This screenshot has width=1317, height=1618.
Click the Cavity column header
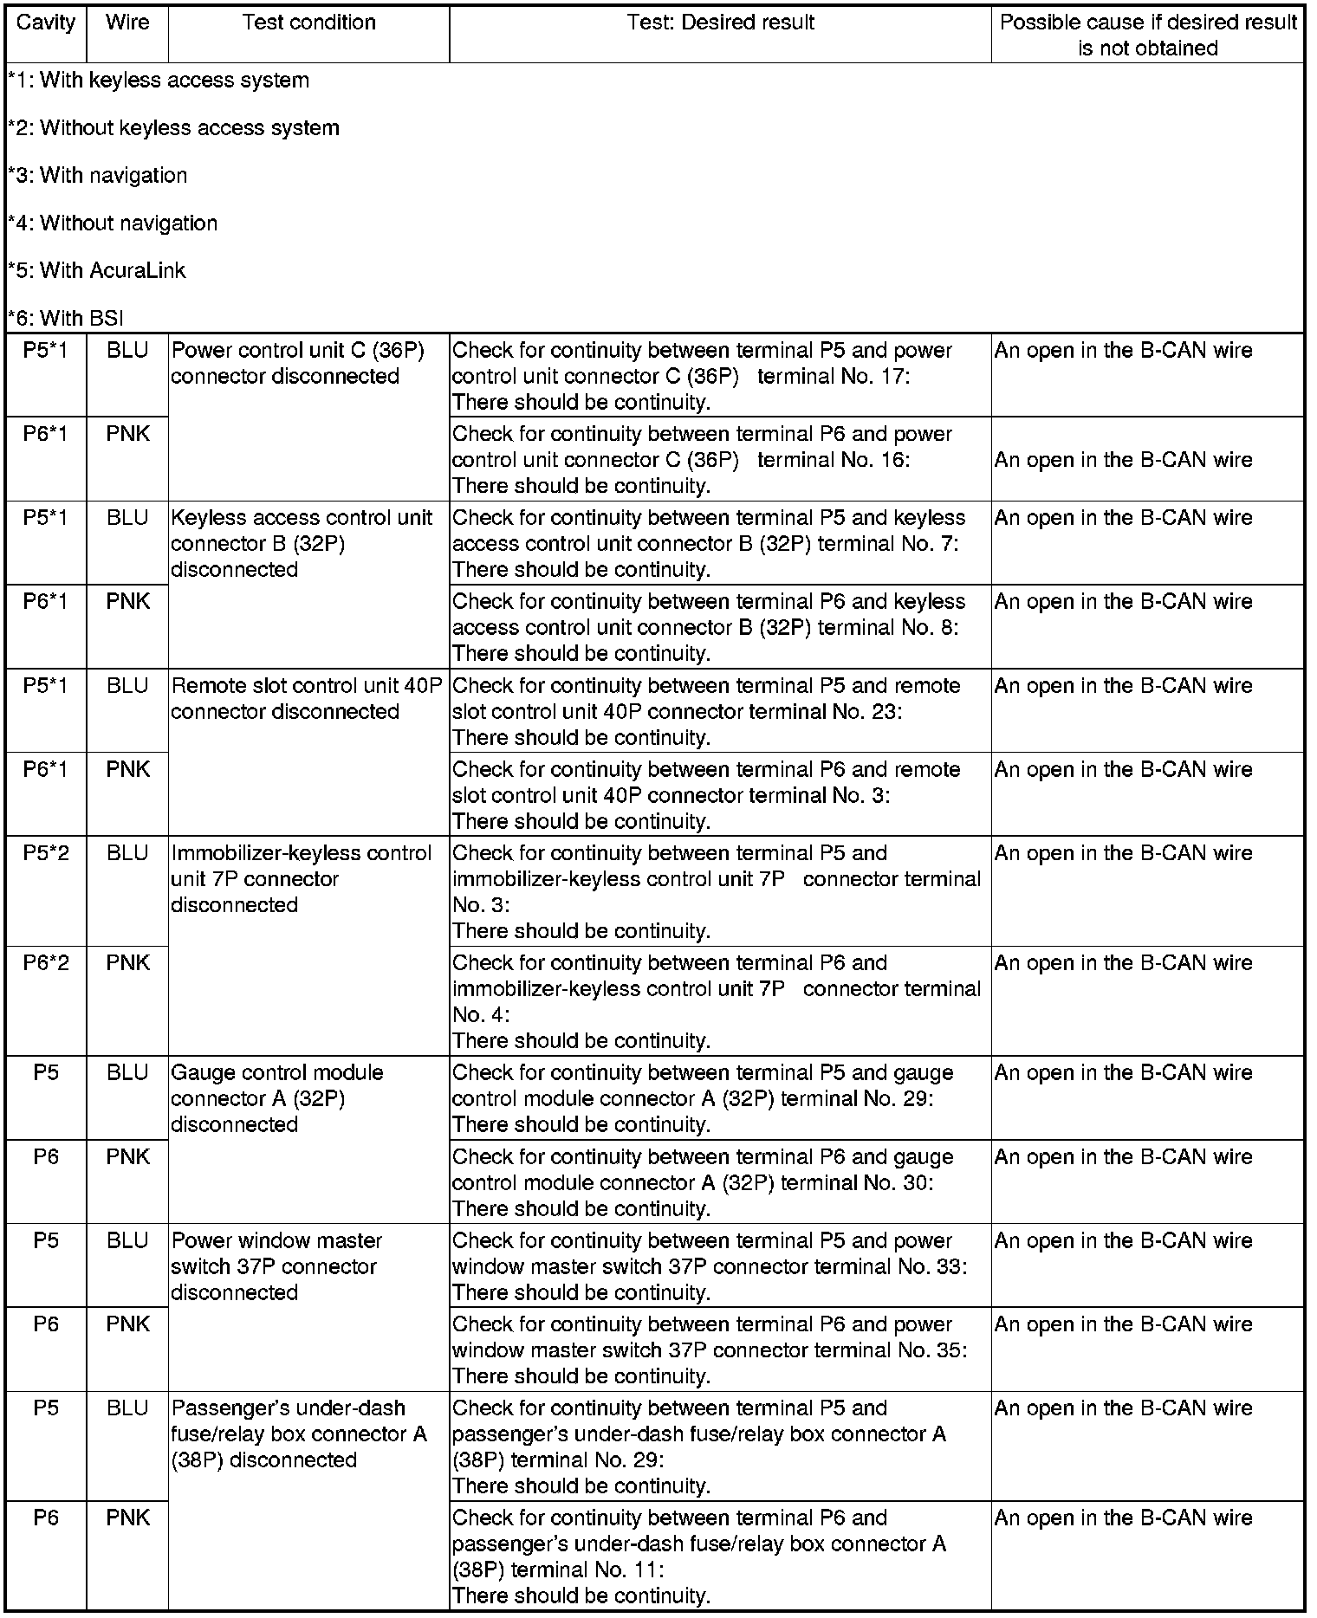pyautogui.click(x=45, y=23)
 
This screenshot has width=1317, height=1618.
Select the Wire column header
pyautogui.click(x=127, y=23)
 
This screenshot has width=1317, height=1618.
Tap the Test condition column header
pyautogui.click(x=308, y=23)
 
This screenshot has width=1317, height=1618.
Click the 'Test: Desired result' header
pyautogui.click(x=720, y=23)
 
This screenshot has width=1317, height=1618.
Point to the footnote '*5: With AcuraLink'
pyautogui.click(x=96, y=271)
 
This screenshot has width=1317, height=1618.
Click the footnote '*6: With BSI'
pyautogui.click(x=66, y=319)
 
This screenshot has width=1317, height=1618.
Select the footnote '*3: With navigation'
pyautogui.click(x=97, y=176)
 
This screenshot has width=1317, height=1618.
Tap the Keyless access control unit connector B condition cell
pyautogui.click(x=301, y=544)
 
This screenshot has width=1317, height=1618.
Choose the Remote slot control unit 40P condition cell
pyautogui.click(x=307, y=699)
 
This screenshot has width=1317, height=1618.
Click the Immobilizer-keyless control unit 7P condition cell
pyautogui.click(x=301, y=879)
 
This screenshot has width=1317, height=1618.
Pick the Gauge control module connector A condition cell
pyautogui.click(x=276, y=1098)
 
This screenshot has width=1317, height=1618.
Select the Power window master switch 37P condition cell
pyautogui.click(x=276, y=1266)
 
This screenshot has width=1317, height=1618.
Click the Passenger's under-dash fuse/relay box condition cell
pyautogui.click(x=299, y=1434)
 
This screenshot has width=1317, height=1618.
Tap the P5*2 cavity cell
pyautogui.click(x=46, y=854)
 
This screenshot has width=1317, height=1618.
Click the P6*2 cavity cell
pyautogui.click(x=46, y=963)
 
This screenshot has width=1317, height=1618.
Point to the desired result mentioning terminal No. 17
pyautogui.click(x=702, y=376)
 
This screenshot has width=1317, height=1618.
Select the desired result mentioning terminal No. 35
pyautogui.click(x=709, y=1349)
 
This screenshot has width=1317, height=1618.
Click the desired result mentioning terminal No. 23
pyautogui.click(x=705, y=711)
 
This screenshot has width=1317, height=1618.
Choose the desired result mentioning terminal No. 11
pyautogui.click(x=698, y=1557)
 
